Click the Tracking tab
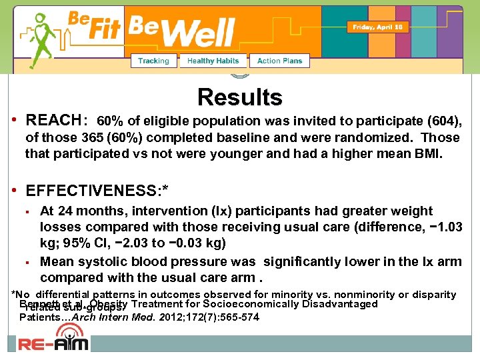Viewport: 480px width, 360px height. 153,61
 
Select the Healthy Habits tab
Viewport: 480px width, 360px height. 213,61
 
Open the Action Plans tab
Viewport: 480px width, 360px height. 279,61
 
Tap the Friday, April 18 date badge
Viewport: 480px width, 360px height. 377,27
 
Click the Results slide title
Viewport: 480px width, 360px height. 239,97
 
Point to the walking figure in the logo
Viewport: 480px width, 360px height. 42,40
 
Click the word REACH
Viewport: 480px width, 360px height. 53,121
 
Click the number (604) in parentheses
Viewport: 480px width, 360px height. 443,121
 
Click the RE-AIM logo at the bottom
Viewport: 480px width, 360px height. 53,343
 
